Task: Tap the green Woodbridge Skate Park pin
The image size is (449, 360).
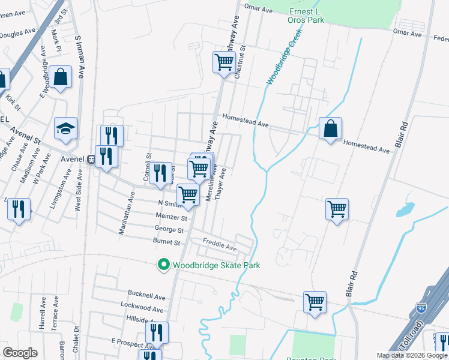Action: (162, 265)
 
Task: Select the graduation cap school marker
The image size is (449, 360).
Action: (65, 129)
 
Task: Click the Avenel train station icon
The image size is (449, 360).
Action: (91, 160)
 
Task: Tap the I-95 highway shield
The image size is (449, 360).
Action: (421, 310)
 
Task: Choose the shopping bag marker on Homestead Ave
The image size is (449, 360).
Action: (330, 129)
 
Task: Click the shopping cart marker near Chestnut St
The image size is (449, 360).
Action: (224, 62)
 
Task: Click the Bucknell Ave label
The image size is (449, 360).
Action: (146, 296)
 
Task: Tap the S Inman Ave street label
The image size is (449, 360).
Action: (79, 56)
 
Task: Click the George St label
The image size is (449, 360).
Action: (169, 230)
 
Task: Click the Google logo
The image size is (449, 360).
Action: (20, 352)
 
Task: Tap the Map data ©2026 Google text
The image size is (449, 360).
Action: (412, 355)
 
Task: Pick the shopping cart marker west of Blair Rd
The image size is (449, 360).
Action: (337, 209)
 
